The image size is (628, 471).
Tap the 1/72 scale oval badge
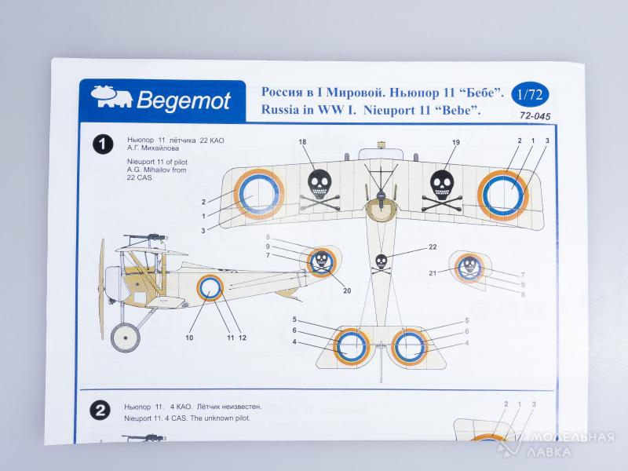coord(530,96)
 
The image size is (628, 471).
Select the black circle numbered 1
coord(103,144)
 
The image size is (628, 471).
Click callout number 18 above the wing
coord(303,141)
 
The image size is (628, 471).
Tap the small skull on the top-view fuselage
coord(382,262)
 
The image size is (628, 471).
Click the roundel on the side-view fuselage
coord(210,289)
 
